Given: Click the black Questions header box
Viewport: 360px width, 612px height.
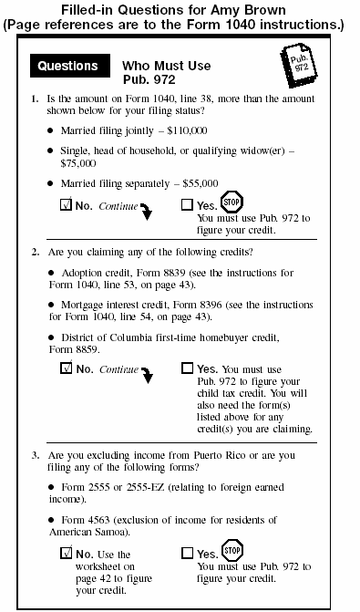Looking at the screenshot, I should tap(67, 66).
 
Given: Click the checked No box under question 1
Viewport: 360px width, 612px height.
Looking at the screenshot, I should tap(66, 205).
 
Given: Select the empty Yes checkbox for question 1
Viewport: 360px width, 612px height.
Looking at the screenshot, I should tap(187, 205).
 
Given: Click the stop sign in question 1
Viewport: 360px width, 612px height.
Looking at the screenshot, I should tap(231, 202).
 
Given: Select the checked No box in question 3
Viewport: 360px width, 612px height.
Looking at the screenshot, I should tap(66, 553).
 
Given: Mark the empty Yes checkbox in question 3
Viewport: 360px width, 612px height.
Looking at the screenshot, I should tap(187, 553).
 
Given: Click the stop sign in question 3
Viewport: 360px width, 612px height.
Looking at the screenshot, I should tap(231, 550).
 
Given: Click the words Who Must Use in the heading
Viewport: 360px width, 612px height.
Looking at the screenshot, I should tap(166, 66).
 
